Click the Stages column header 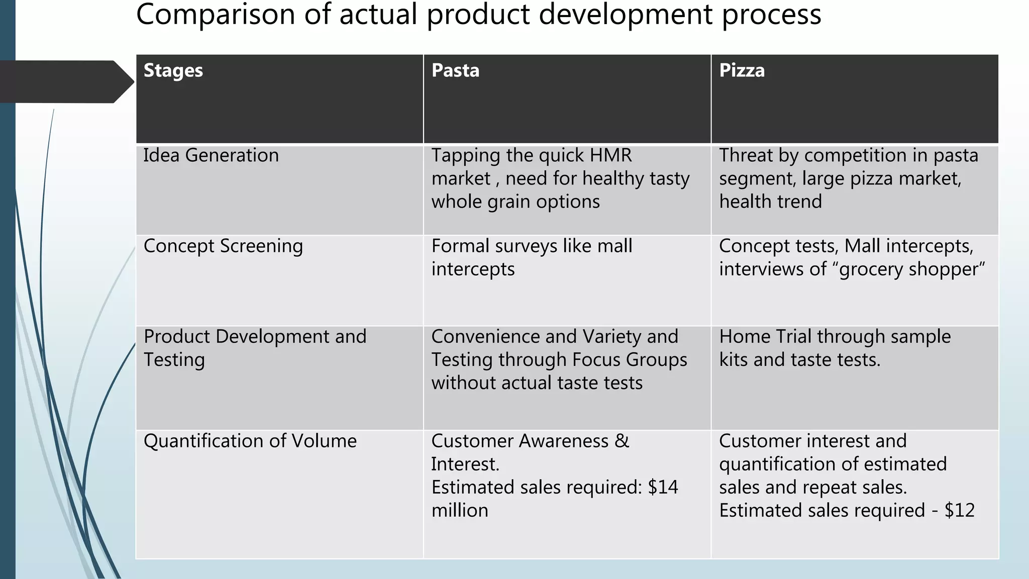(x=173, y=71)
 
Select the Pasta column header (x=455, y=70)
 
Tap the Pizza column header (x=742, y=70)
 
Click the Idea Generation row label (x=211, y=155)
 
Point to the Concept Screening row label (x=223, y=246)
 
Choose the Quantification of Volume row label (x=250, y=441)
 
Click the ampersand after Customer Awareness (x=622, y=441)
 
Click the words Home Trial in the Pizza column (x=765, y=337)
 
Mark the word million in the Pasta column (x=460, y=510)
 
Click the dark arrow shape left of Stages (x=65, y=82)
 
